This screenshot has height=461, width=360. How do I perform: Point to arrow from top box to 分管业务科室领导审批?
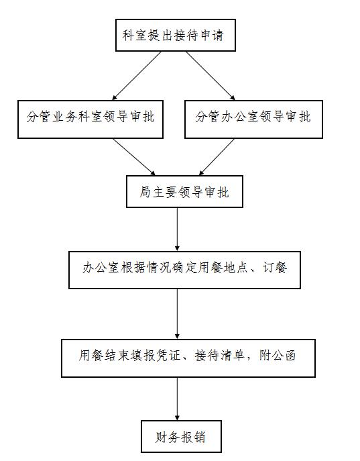coord(137,76)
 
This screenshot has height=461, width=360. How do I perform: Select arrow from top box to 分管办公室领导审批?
coord(211,76)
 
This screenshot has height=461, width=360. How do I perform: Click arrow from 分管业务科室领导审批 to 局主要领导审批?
coord(134,157)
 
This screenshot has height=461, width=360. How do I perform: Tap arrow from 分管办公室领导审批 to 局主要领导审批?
coord(217,157)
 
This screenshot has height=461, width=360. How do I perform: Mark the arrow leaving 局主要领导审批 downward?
coord(177,229)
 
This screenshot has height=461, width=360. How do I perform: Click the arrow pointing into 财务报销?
coord(177,399)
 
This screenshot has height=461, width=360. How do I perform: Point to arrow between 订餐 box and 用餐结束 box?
coord(177,314)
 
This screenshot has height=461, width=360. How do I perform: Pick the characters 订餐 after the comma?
coord(275,268)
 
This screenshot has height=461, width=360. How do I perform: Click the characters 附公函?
coord(277,356)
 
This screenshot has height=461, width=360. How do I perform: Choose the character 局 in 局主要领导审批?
coord(145,192)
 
